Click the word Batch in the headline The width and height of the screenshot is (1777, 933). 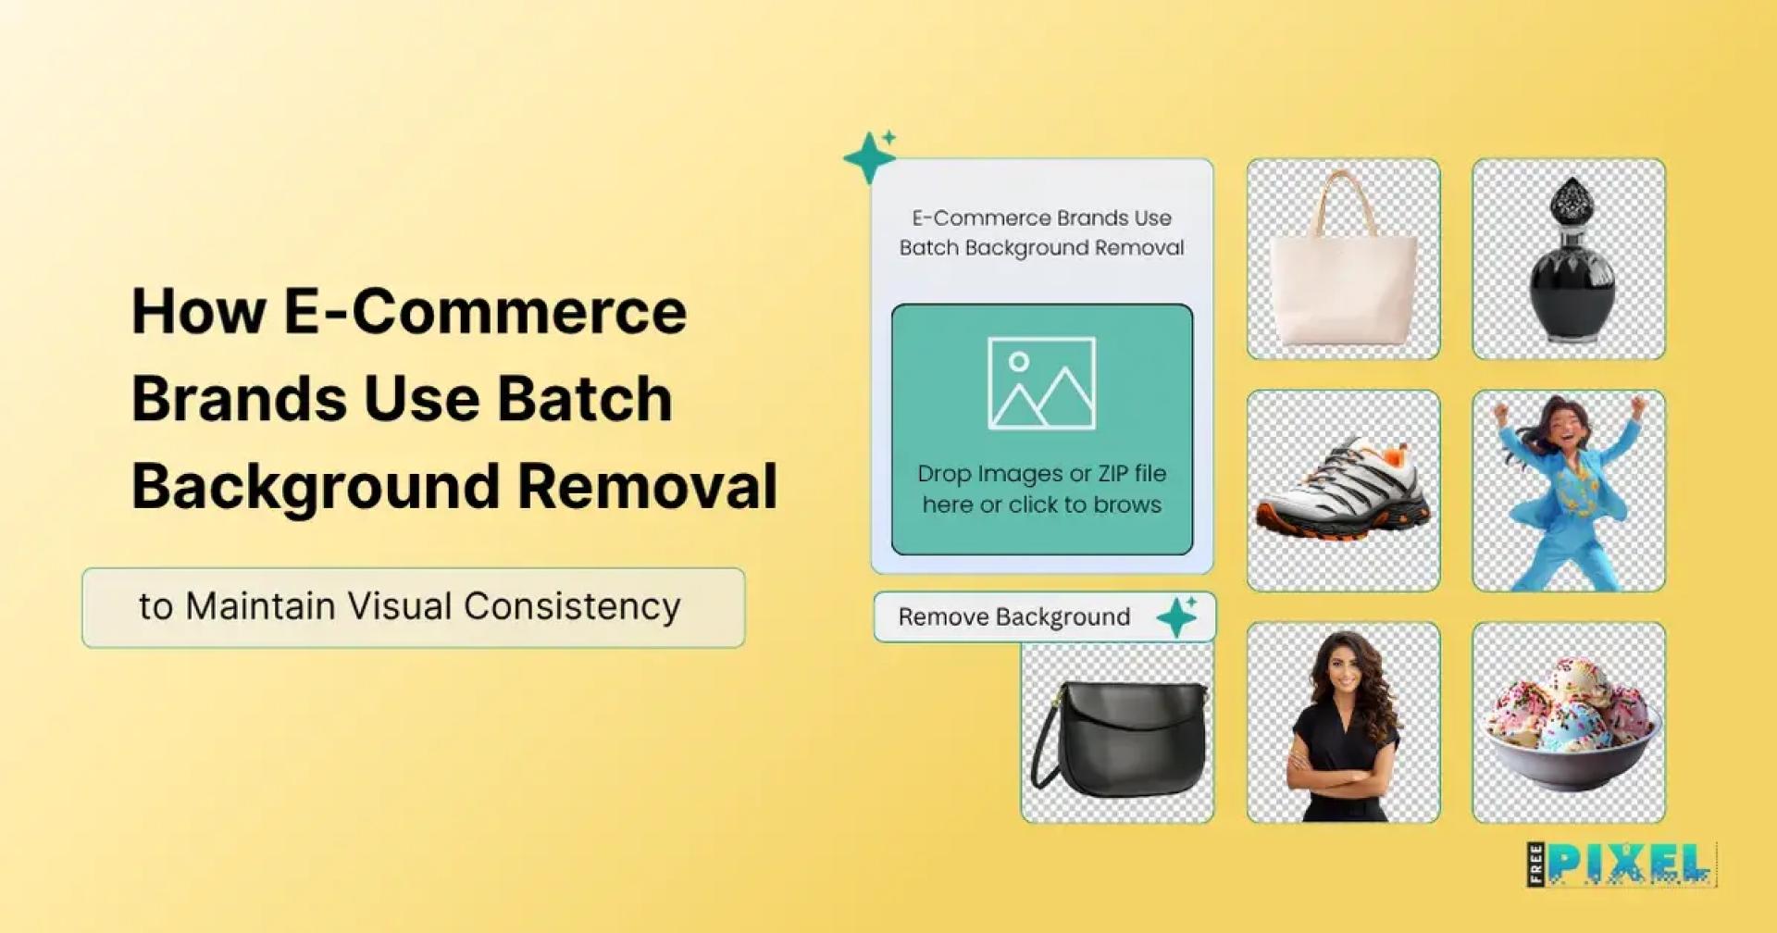pyautogui.click(x=584, y=399)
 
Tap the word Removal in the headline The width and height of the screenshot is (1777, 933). pyautogui.click(x=647, y=486)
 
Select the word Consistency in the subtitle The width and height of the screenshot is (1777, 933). pyautogui.click(x=572, y=607)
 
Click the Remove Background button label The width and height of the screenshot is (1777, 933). pyautogui.click(x=1013, y=617)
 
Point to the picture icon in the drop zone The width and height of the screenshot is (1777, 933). pyautogui.click(x=1041, y=383)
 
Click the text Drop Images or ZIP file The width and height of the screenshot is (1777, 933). pyautogui.click(x=1041, y=474)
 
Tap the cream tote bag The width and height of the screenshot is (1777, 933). pyautogui.click(x=1343, y=278)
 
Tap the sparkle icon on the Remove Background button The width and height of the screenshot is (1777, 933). pyautogui.click(x=1177, y=616)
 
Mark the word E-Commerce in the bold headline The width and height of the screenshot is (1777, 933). pyautogui.click(x=485, y=312)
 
